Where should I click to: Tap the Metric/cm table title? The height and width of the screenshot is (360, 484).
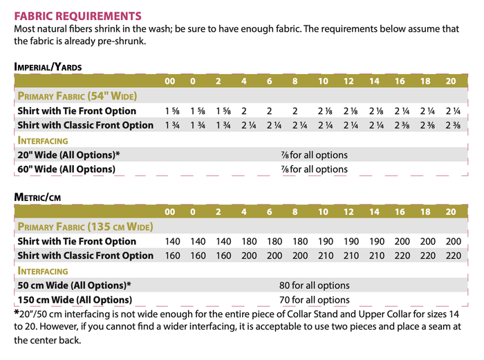click(37, 197)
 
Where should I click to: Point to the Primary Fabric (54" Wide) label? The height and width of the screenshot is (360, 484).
click(77, 96)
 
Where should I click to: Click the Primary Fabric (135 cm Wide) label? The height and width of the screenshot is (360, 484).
click(85, 227)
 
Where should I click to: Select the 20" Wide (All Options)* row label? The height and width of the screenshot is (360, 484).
click(68, 155)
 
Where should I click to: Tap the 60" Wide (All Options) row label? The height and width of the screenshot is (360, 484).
click(66, 169)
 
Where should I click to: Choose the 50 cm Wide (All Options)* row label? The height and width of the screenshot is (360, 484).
click(74, 285)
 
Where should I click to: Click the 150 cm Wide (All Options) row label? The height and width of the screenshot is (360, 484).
click(74, 300)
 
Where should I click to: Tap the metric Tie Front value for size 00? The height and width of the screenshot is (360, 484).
click(173, 242)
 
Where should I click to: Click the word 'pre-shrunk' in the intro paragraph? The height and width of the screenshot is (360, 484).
click(124, 41)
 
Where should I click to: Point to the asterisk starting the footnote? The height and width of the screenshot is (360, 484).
click(17, 313)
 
